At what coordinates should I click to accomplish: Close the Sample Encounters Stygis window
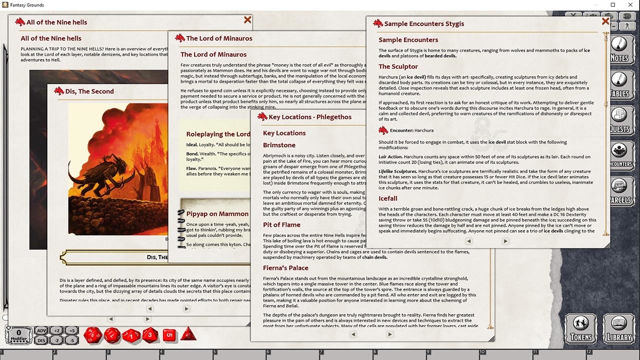click(x=605, y=21)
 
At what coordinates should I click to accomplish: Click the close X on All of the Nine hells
click(x=247, y=20)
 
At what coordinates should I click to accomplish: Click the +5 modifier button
click(x=71, y=330)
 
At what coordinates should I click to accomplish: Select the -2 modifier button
click(x=56, y=340)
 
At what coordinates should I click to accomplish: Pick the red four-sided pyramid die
click(x=188, y=334)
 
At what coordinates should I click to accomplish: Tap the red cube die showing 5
click(x=169, y=335)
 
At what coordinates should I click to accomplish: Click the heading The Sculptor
click(x=398, y=66)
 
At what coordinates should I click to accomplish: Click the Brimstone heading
click(x=279, y=145)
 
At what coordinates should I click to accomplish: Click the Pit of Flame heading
click(x=281, y=225)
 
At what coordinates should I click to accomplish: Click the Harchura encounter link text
click(x=423, y=130)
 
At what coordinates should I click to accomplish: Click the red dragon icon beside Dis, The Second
click(x=59, y=91)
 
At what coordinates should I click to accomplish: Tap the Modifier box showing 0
click(x=19, y=334)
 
